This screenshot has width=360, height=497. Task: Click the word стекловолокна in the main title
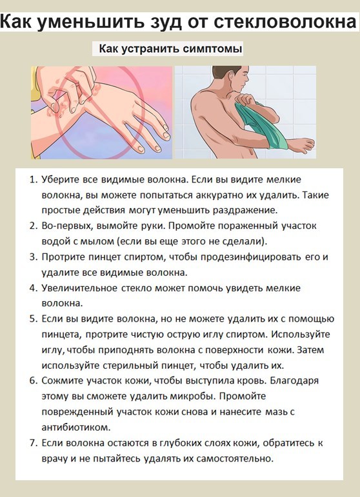(285, 22)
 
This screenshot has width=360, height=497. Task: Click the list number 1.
(34, 180)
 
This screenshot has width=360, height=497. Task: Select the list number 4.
(34, 288)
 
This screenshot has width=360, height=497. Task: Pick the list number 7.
(34, 443)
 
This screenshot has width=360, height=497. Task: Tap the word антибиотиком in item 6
(75, 427)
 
